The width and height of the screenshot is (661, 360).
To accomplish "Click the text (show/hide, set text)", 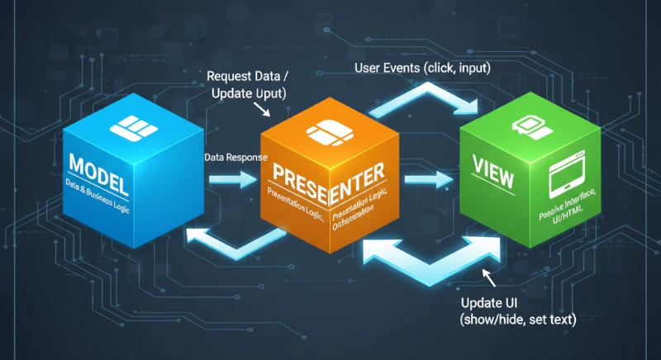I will coord(516,320).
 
